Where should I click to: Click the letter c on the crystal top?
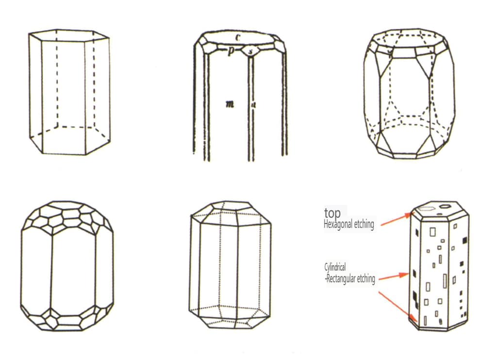point(238,38)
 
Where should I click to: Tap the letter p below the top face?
point(231,51)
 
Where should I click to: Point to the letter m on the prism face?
point(230,104)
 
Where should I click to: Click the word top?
point(332,213)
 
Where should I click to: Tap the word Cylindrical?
point(335,267)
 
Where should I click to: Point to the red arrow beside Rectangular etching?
point(394,276)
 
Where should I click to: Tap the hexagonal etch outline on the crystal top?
point(425,209)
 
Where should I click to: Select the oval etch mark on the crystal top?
point(445,206)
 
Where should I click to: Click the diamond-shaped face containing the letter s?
point(250,51)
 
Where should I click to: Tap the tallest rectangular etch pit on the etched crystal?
point(445,281)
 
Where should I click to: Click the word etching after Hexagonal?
point(363,224)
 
